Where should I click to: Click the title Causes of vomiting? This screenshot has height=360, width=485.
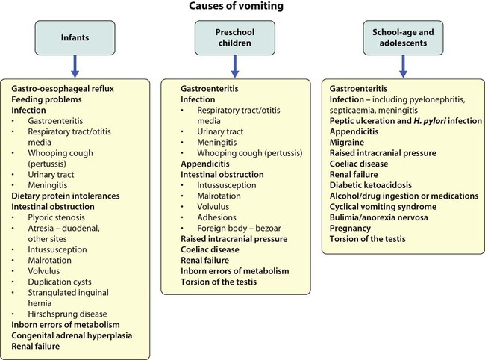(242, 8)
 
